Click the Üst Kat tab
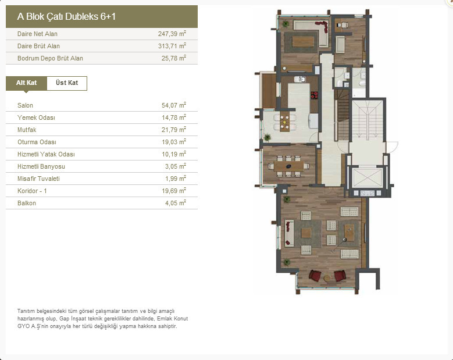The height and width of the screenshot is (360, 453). pyautogui.click(x=67, y=83)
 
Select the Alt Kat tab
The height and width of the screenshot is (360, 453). pyautogui.click(x=26, y=83)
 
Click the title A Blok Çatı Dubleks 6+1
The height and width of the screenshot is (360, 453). pyautogui.click(x=66, y=16)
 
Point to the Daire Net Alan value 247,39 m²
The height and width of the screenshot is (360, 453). pyautogui.click(x=172, y=34)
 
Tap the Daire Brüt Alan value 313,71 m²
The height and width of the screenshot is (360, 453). pyautogui.click(x=172, y=45)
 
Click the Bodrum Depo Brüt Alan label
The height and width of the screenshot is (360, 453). pyautogui.click(x=50, y=58)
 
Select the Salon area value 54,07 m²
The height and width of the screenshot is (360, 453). pyautogui.click(x=174, y=105)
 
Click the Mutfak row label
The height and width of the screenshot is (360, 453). pyautogui.click(x=27, y=130)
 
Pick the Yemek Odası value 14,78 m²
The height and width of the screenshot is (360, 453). pyautogui.click(x=174, y=117)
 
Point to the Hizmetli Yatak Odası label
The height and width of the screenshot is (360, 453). pyautogui.click(x=46, y=154)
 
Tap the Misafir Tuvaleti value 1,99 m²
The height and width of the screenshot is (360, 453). pyautogui.click(x=176, y=179)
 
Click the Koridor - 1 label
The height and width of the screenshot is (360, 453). pyautogui.click(x=32, y=191)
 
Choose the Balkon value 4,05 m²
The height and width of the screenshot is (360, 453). pyautogui.click(x=176, y=203)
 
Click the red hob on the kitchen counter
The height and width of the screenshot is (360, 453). pyautogui.click(x=314, y=95)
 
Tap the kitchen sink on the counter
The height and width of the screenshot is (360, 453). pyautogui.click(x=300, y=79)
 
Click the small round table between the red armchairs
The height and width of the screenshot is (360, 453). pyautogui.click(x=327, y=278)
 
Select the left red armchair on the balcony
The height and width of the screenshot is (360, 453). pyautogui.click(x=315, y=275)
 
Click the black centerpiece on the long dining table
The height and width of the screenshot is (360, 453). pyautogui.click(x=288, y=166)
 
